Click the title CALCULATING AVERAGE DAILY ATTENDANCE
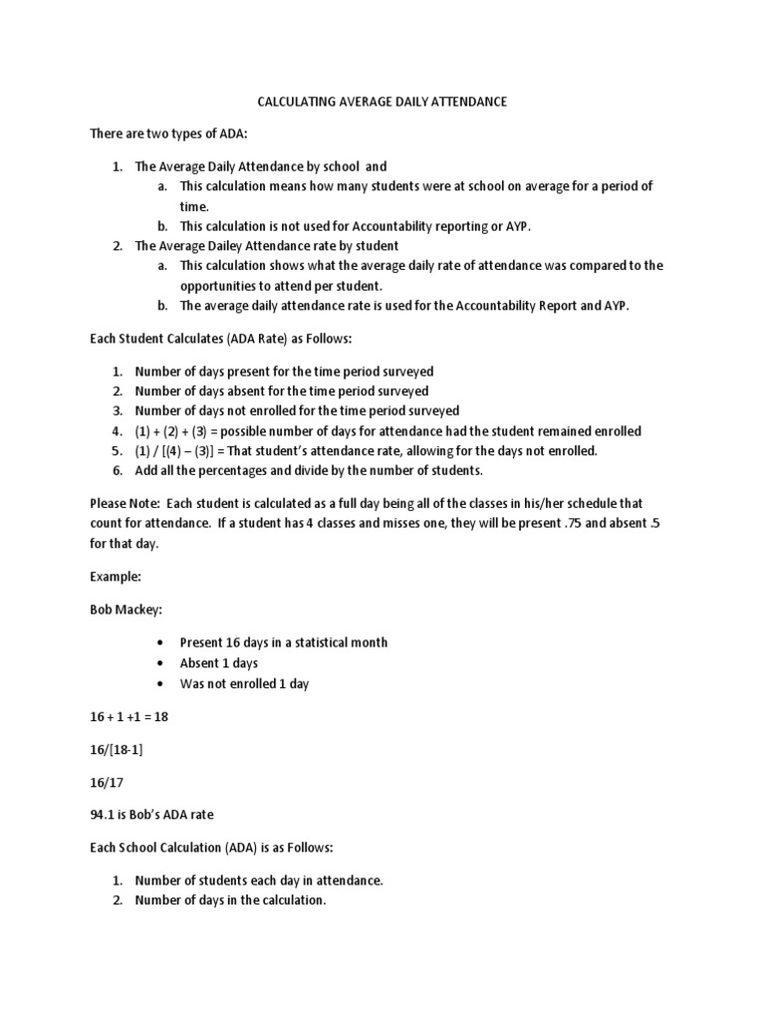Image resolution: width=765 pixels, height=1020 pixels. click(x=382, y=102)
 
